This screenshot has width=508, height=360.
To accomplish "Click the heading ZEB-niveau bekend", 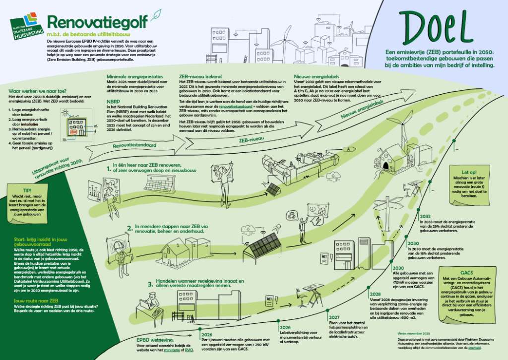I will click(x=200, y=77).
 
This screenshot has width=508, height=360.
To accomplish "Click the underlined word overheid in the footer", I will click(x=466, y=349).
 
